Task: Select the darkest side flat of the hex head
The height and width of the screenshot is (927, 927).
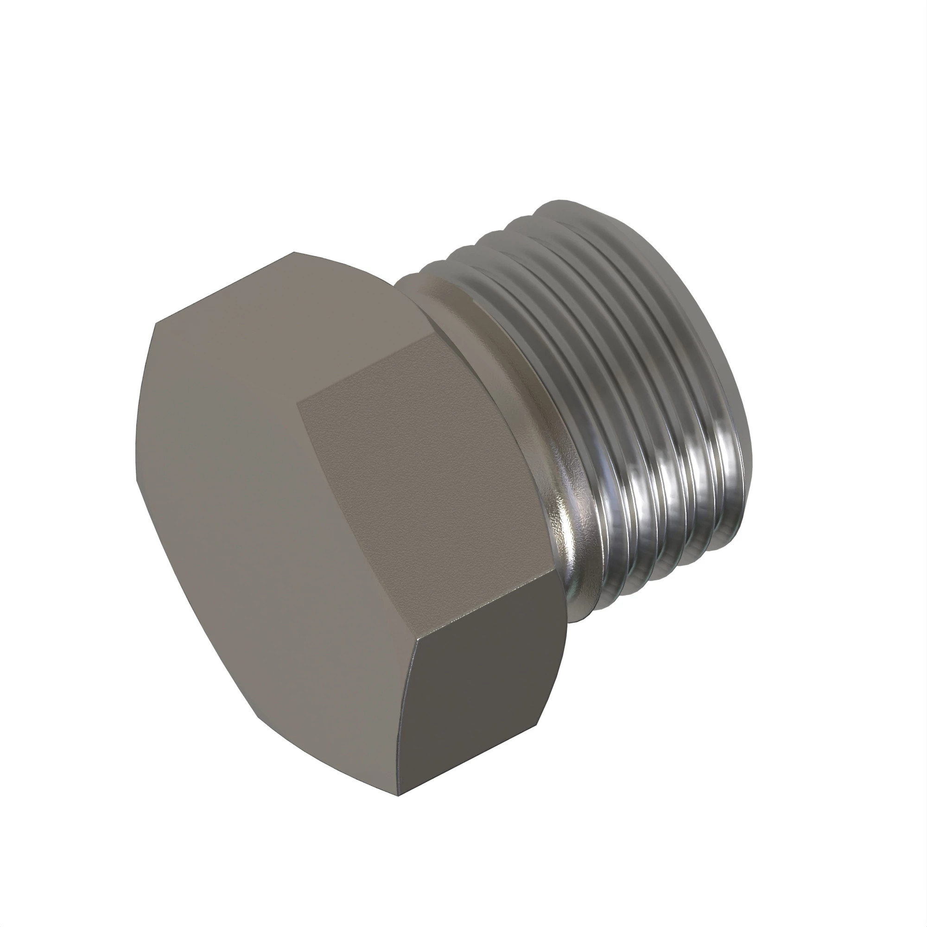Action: [480, 710]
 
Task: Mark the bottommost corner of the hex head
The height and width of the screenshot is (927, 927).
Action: [398, 796]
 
